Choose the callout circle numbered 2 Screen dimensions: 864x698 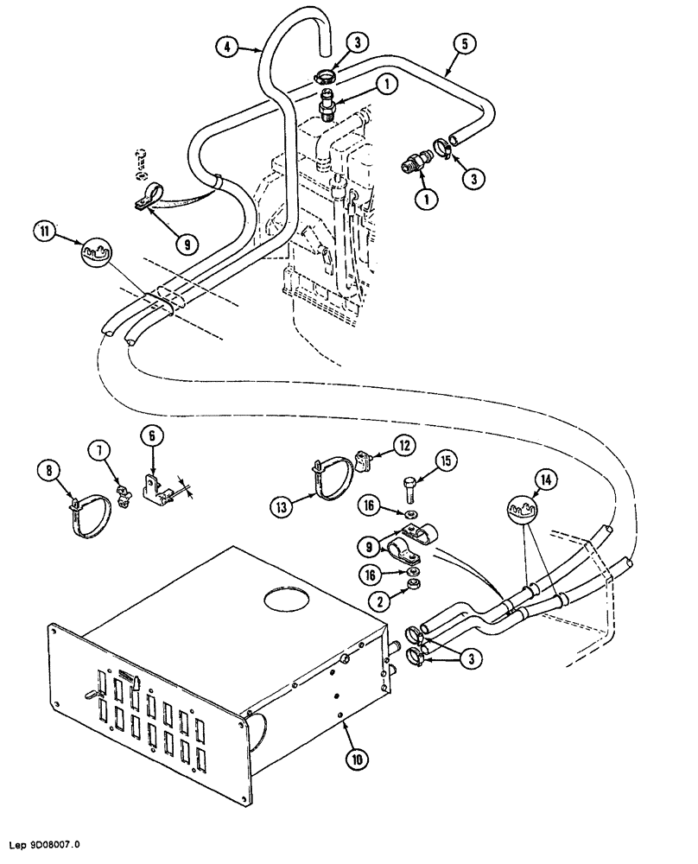coord(378,599)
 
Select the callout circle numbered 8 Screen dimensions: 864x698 coord(48,470)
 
